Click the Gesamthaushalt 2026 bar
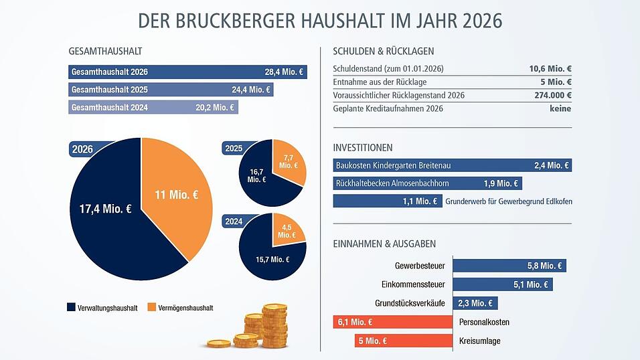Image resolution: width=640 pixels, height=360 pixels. click(x=187, y=72)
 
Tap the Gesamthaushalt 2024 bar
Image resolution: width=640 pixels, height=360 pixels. click(x=153, y=107)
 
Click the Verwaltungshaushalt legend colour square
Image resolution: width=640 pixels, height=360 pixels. click(x=72, y=308)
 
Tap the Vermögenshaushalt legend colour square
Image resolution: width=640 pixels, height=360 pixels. click(x=151, y=308)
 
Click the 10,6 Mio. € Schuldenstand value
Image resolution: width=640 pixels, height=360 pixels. click(x=550, y=69)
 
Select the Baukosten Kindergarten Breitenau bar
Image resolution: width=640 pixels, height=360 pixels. click(x=452, y=165)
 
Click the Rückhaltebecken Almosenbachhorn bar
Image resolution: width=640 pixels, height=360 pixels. click(x=427, y=183)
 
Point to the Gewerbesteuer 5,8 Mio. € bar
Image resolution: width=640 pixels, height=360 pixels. click(x=509, y=266)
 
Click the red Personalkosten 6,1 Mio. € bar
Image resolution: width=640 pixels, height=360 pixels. click(x=392, y=323)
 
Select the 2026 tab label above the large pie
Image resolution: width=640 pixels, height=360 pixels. click(x=82, y=149)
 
